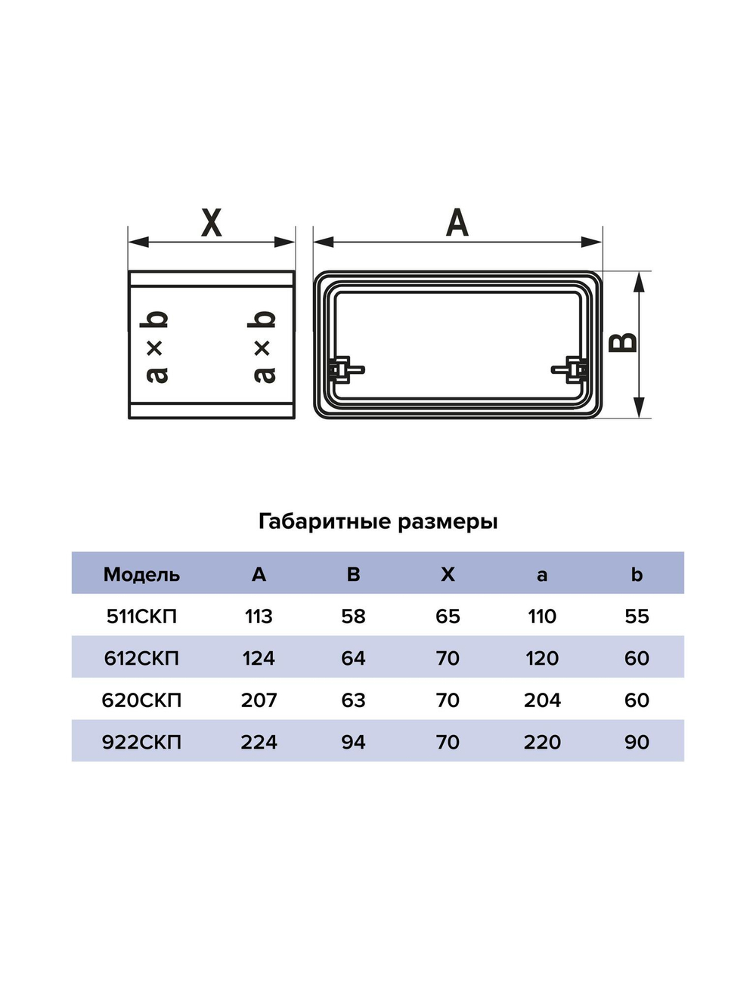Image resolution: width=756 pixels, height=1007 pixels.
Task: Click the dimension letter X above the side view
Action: click(x=212, y=223)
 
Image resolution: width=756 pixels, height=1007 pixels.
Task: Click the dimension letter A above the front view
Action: click(x=457, y=223)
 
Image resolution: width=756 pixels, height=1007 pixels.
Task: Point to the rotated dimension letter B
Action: click(x=624, y=344)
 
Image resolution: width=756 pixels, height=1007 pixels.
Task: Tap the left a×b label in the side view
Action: click(x=156, y=346)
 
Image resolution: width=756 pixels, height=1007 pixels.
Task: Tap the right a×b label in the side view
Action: click(x=262, y=346)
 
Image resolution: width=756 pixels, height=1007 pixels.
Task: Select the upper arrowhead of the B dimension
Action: click(x=640, y=283)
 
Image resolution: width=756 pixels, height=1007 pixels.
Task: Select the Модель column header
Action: click(x=141, y=574)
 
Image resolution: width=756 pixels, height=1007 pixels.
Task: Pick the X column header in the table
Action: click(x=448, y=574)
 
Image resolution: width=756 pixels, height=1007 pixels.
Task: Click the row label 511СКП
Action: click(x=141, y=616)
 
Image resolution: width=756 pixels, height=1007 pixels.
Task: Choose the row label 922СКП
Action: click(x=141, y=742)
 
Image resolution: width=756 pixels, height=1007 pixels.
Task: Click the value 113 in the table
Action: click(x=259, y=616)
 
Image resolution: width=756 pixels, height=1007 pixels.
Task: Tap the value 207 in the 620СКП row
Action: click(x=259, y=700)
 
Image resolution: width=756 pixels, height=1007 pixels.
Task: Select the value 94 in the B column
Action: click(x=353, y=742)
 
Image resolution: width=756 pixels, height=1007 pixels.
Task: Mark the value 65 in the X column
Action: click(x=448, y=616)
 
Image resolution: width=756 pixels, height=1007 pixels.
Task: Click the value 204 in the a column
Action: click(x=542, y=700)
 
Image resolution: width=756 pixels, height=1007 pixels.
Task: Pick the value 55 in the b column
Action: click(x=637, y=616)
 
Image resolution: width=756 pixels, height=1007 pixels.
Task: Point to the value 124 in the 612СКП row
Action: click(x=259, y=658)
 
